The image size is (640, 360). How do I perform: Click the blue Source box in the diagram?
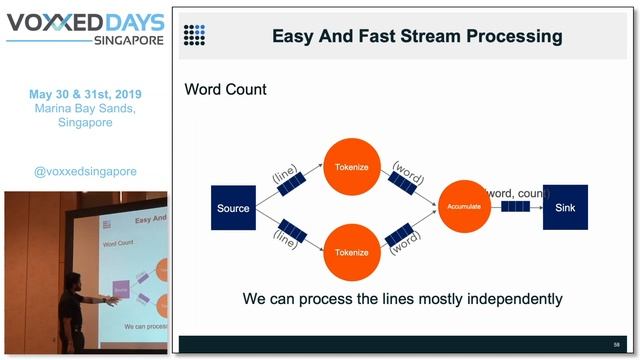click(x=233, y=208)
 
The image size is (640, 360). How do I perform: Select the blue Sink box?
click(x=565, y=207)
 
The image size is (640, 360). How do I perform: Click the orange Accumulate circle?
click(x=464, y=207)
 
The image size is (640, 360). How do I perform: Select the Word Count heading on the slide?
click(x=225, y=90)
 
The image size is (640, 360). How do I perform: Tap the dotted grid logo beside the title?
click(x=194, y=36)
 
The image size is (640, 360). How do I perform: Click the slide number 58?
click(x=617, y=343)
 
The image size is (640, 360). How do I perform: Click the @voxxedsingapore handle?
click(x=85, y=171)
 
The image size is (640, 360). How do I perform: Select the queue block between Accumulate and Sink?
click(x=514, y=207)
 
